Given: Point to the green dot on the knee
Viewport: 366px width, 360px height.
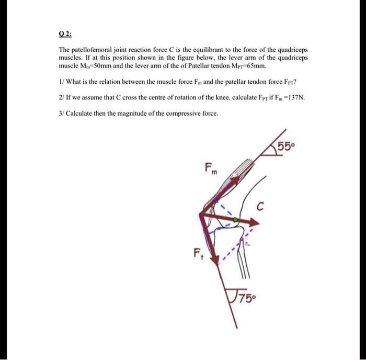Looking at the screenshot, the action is [x=235, y=220].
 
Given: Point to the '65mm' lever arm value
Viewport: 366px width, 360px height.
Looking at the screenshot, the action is [x=257, y=67].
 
